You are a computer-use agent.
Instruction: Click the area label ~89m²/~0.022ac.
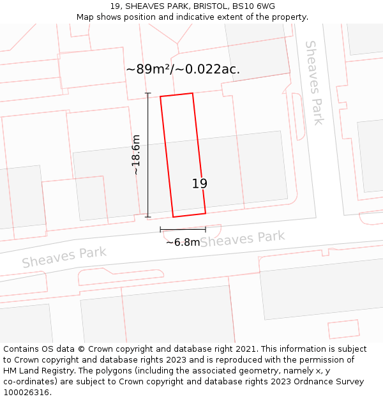183,70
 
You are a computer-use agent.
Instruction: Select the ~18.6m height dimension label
135,154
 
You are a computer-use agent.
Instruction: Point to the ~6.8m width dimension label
183,243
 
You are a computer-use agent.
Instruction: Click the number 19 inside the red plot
200,184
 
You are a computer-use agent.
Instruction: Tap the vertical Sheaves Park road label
314,82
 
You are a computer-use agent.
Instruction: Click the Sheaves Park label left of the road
64,257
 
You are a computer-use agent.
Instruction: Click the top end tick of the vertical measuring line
148,94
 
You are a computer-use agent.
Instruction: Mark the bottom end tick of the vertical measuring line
148,217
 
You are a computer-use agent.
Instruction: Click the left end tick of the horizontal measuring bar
160,229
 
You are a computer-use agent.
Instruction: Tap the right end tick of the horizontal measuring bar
206,229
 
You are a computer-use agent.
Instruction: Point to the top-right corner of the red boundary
192,93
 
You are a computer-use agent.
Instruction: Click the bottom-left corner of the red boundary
173,217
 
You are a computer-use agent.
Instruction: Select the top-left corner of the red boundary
160,97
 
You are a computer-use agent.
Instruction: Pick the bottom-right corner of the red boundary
206,213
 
